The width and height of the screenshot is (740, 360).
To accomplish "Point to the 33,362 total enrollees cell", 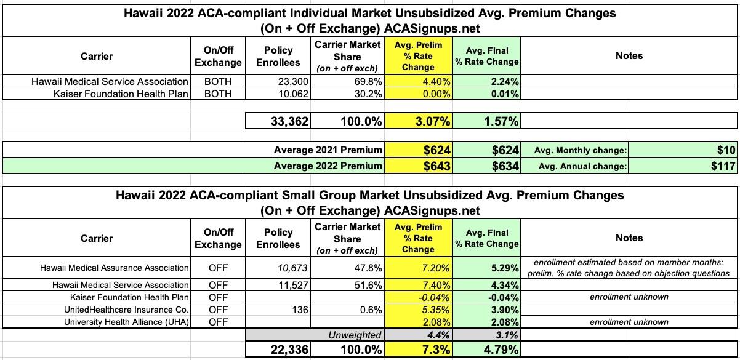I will (290, 121).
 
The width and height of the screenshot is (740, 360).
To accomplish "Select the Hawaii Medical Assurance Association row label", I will (114, 268).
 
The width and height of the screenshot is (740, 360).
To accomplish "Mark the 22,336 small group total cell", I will (290, 350).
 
